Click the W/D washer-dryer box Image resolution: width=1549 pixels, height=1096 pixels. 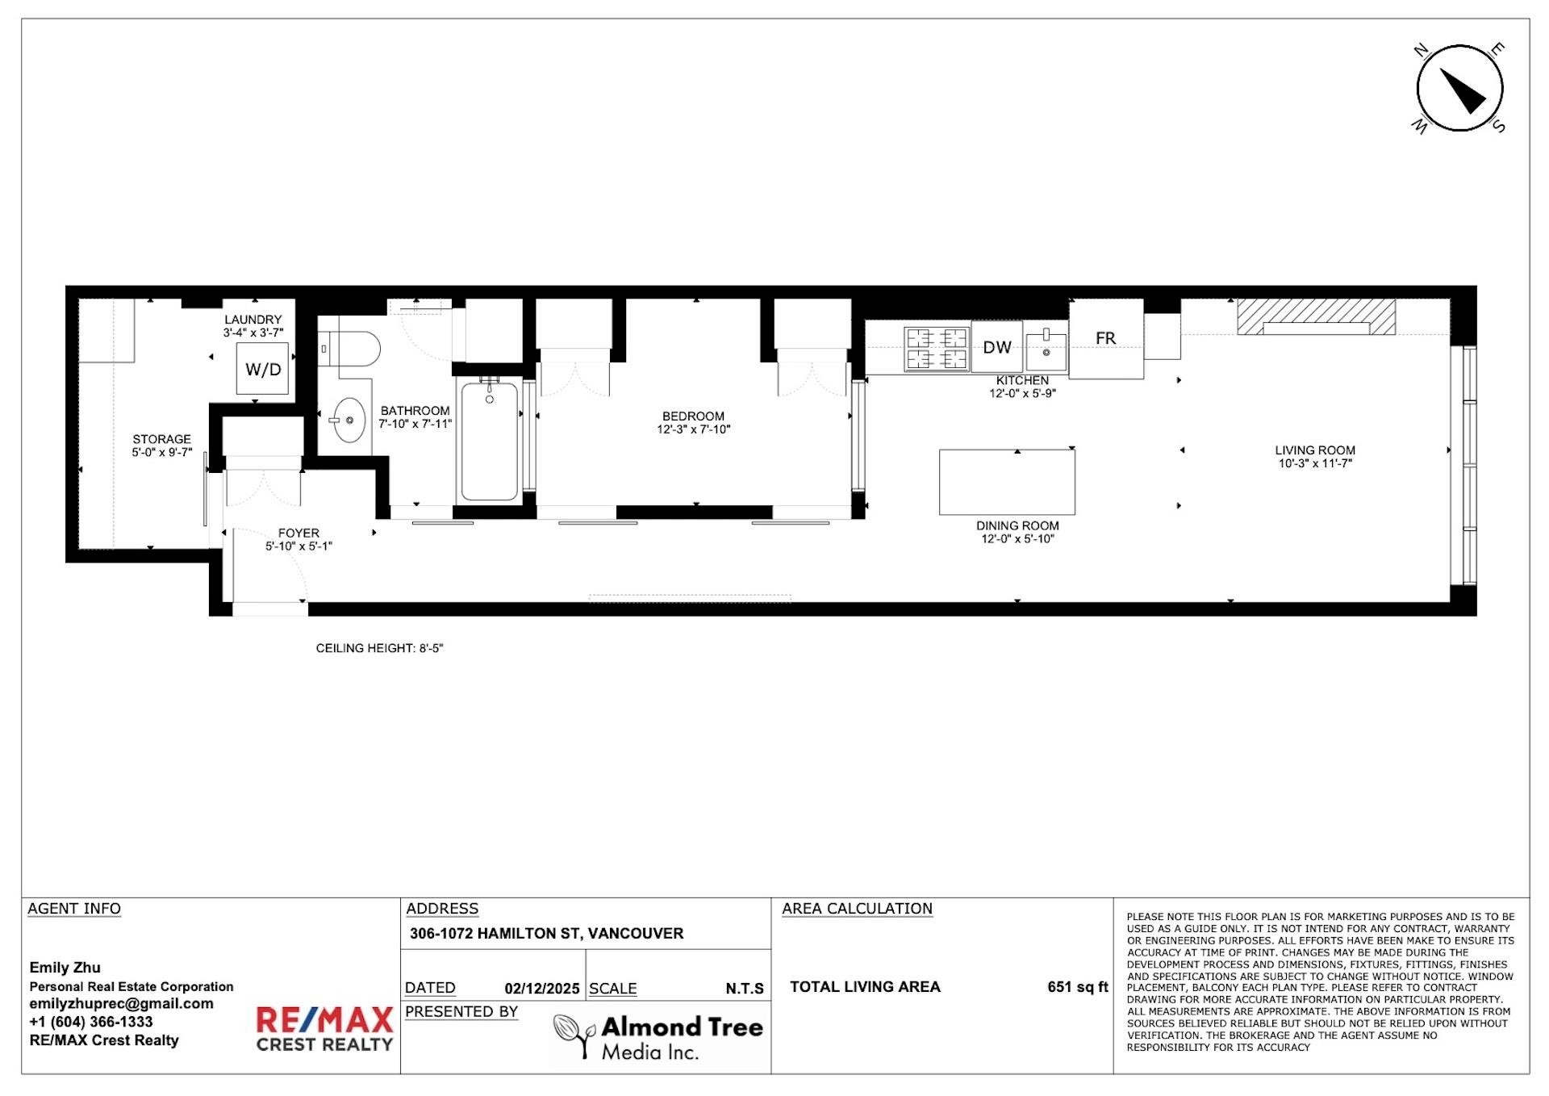(x=263, y=369)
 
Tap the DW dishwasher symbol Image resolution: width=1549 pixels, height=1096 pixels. (x=997, y=347)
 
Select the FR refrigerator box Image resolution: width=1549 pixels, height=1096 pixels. (x=1106, y=339)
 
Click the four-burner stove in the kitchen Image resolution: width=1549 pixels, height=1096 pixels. (x=936, y=348)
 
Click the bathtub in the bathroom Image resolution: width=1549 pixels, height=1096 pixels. (x=490, y=440)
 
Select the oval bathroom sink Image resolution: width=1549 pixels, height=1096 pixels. (x=349, y=420)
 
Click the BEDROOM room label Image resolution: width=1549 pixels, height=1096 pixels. (x=693, y=416)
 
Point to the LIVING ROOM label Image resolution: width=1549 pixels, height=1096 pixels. (x=1315, y=450)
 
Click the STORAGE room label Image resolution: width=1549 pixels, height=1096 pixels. (x=162, y=439)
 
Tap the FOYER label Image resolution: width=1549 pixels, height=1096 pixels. (x=299, y=533)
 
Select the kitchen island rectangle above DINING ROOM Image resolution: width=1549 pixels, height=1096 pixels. (x=1007, y=482)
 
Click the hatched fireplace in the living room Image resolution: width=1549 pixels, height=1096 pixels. (x=1317, y=316)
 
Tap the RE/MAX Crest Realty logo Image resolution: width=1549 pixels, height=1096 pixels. (x=324, y=1029)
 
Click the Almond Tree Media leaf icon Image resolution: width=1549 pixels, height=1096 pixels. (x=574, y=1035)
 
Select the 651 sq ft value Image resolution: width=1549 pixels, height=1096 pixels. (x=1078, y=986)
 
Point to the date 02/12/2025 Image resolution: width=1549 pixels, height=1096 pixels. (x=542, y=988)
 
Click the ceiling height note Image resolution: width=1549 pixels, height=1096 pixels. (x=379, y=648)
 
